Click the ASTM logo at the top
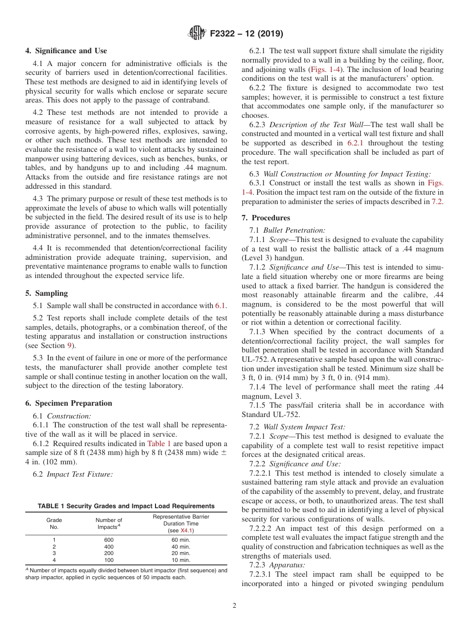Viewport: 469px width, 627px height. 197,34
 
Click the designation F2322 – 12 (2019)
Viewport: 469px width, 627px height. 246,34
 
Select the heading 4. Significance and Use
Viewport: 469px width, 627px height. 66,51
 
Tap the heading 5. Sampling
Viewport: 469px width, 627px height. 46,293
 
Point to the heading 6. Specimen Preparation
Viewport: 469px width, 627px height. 69,403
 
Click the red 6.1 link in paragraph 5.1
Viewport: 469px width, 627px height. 220,306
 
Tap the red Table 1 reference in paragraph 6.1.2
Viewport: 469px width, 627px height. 159,444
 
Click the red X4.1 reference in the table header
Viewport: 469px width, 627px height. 187,530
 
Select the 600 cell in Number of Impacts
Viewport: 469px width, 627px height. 109,540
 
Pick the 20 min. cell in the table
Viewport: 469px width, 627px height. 181,553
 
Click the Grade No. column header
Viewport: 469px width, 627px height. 54,523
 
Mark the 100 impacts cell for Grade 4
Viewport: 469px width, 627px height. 109,560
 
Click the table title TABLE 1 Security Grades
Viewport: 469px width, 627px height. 126,506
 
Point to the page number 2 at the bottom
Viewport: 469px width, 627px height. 234,606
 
